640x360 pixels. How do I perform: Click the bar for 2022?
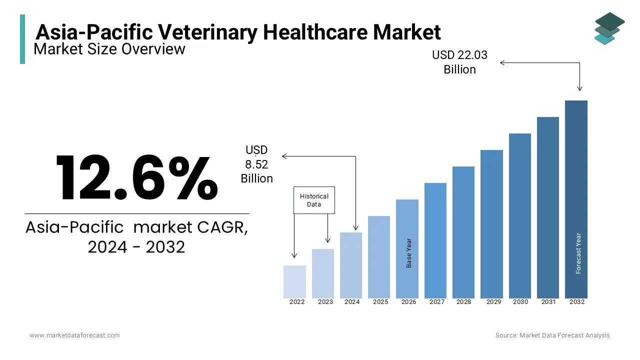pyautogui.click(x=294, y=282)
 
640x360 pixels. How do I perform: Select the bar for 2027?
pyautogui.click(x=435, y=241)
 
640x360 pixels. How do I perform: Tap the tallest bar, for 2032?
pyautogui.click(x=576, y=199)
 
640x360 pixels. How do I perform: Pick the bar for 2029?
pyautogui.click(x=491, y=224)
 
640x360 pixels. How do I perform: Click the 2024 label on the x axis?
pyautogui.click(x=352, y=302)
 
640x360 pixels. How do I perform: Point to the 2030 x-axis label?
pyautogui.click(x=520, y=302)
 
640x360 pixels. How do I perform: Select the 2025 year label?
pyautogui.click(x=380, y=302)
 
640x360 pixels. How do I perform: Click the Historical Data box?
pyautogui.click(x=314, y=200)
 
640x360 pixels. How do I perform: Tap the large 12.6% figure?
pyautogui.click(x=136, y=178)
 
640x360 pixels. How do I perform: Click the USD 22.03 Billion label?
pyautogui.click(x=459, y=62)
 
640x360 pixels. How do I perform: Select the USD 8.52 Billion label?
pyautogui.click(x=256, y=164)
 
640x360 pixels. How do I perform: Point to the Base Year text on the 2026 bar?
pyautogui.click(x=409, y=252)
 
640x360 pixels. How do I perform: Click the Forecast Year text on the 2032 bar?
pyautogui.click(x=578, y=253)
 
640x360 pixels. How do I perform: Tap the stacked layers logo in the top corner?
pyautogui.click(x=609, y=28)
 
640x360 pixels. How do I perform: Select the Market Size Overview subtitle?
pyautogui.click(x=109, y=49)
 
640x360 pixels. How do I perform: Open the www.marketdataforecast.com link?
pyautogui.click(x=74, y=335)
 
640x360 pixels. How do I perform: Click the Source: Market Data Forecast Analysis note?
pyautogui.click(x=552, y=335)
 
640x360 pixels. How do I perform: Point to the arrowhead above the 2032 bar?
pyautogui.click(x=579, y=88)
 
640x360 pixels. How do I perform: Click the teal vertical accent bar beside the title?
pyautogui.click(x=22, y=39)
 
